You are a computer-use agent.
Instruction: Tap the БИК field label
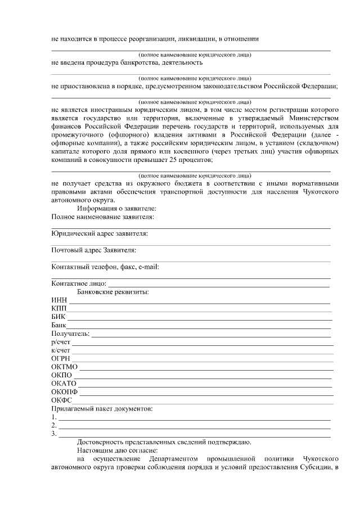58,317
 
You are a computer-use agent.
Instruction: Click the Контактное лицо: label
78,283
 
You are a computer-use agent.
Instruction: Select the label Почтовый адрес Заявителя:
93,250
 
